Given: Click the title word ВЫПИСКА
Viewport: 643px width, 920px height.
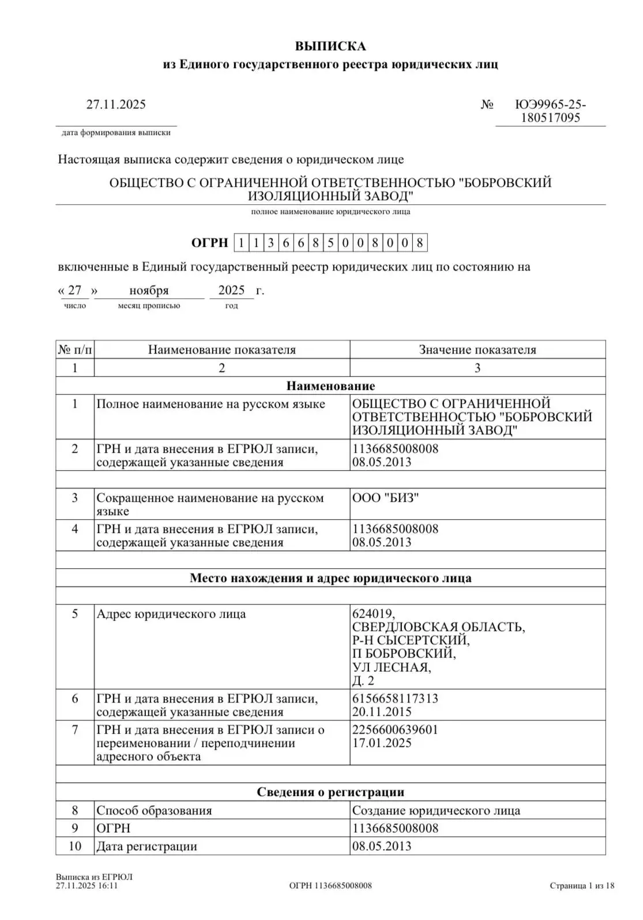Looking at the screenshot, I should [330, 46].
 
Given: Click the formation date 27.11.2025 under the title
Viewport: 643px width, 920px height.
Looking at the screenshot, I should [116, 104].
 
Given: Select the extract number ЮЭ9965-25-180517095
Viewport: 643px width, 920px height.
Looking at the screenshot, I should [550, 111].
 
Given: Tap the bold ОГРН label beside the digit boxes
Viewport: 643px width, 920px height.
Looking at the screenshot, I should [209, 243].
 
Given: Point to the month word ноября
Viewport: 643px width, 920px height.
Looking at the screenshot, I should [149, 290].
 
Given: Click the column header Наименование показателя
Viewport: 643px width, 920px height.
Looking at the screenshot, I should [221, 350].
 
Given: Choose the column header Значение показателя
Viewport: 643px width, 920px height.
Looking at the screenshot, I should [477, 350].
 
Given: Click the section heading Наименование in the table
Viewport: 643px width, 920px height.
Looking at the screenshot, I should [330, 386].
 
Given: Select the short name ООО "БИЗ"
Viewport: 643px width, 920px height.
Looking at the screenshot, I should [385, 498].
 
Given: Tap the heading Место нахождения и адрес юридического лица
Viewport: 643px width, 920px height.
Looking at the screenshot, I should [330, 578].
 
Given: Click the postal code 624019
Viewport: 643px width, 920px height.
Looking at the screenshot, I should [374, 614].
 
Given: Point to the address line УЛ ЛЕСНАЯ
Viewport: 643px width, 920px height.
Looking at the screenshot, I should [392, 667].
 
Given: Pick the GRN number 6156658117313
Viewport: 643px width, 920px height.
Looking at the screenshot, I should [395, 699].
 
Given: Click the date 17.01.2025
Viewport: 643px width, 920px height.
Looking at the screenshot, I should [382, 743].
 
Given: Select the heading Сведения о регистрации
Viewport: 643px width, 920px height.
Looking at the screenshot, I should [330, 792].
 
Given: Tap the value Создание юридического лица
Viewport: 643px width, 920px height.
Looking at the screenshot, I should [436, 810].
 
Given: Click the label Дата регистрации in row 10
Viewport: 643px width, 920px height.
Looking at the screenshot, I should [146, 846].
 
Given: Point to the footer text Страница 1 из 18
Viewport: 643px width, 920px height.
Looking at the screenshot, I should [582, 885].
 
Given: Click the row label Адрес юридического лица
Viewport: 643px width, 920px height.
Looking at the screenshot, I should [171, 614].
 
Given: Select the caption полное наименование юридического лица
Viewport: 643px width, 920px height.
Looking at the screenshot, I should [330, 212].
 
